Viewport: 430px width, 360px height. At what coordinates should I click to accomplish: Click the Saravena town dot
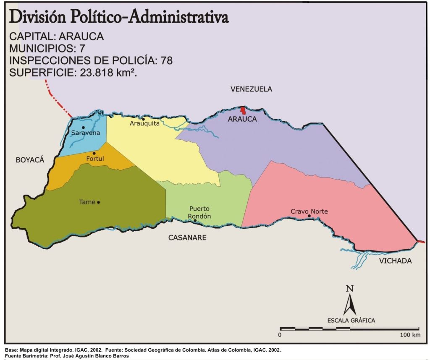(83, 127)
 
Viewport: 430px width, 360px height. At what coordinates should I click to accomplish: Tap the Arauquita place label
(144, 123)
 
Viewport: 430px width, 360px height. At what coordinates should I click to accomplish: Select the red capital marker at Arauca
(243, 110)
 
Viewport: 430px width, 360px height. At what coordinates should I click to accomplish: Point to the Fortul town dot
(94, 153)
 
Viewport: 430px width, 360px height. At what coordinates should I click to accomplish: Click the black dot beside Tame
(98, 202)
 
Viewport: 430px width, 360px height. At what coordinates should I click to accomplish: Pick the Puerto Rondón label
(199, 212)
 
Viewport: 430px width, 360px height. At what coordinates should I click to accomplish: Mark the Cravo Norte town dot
(309, 216)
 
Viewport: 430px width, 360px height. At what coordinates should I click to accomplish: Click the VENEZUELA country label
(251, 89)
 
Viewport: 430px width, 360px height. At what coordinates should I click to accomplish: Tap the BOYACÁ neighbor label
(30, 160)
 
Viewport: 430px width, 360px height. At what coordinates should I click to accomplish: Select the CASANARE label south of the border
(187, 238)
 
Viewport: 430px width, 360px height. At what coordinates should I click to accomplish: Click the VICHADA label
(395, 261)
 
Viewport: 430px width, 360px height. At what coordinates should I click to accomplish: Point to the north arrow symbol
(349, 300)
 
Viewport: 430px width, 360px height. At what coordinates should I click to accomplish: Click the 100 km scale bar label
(410, 335)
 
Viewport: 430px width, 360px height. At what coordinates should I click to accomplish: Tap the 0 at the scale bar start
(280, 335)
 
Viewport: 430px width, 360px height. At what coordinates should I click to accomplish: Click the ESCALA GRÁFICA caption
(351, 321)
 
